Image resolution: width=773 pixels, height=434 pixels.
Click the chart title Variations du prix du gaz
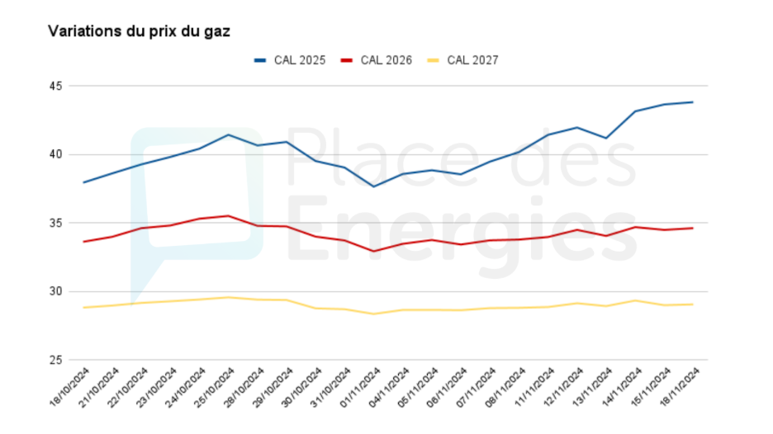139,31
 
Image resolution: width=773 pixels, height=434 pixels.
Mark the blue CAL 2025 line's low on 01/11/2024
373,186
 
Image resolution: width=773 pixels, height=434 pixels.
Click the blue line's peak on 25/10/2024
229,134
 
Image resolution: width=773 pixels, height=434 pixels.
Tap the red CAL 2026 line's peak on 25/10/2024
229,216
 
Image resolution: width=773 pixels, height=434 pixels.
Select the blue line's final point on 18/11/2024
692,102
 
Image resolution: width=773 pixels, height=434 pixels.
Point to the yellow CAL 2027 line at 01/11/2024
373,314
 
